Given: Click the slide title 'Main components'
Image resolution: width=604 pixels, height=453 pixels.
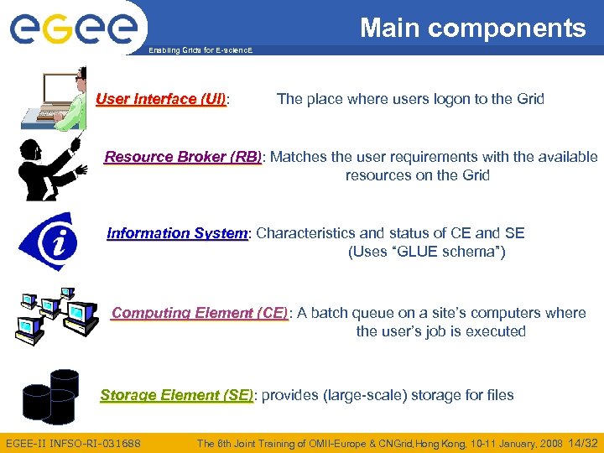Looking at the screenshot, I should click(473, 29).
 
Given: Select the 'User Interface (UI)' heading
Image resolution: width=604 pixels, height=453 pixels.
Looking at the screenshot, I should click(161, 99).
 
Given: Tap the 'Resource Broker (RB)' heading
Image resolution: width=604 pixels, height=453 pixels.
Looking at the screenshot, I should click(183, 157).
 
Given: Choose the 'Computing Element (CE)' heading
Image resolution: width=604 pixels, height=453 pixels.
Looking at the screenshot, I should click(200, 313).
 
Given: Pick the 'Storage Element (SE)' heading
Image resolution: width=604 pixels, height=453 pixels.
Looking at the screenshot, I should click(176, 395).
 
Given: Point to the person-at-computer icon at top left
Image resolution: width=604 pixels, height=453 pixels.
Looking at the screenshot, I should click(60, 99).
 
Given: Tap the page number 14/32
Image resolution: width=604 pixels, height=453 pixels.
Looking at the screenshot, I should click(583, 443).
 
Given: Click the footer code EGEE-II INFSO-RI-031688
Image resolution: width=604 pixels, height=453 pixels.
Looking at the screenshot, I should click(73, 443).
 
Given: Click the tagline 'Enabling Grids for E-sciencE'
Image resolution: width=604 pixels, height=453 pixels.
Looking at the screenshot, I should click(200, 51).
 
